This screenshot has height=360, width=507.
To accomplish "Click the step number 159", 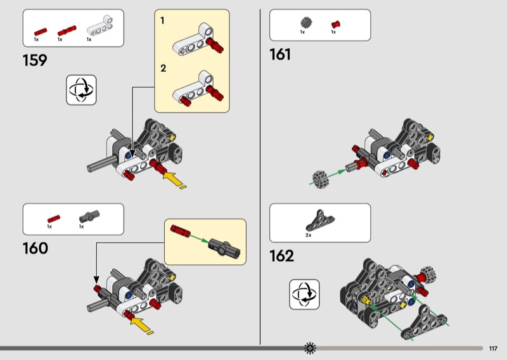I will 34,61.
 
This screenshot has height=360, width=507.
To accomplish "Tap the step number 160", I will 35,248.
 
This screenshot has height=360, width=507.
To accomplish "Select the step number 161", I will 280,55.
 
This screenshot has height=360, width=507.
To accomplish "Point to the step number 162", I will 282,256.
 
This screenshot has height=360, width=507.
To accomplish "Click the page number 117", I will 493,348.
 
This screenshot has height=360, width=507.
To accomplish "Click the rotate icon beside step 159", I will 81,89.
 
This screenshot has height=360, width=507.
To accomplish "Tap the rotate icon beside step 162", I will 304,294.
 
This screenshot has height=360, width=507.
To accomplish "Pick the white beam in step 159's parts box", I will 97,29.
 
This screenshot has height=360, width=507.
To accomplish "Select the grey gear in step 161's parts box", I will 304,23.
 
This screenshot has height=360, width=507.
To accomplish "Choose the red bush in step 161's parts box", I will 335,24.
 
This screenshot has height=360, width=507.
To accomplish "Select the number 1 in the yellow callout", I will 162,21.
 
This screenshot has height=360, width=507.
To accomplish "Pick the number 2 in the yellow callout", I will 163,68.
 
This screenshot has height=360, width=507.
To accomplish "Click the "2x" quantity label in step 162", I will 309,235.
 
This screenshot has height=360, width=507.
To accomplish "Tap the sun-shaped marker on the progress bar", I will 310,347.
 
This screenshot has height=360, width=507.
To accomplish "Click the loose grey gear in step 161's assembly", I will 320,179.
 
